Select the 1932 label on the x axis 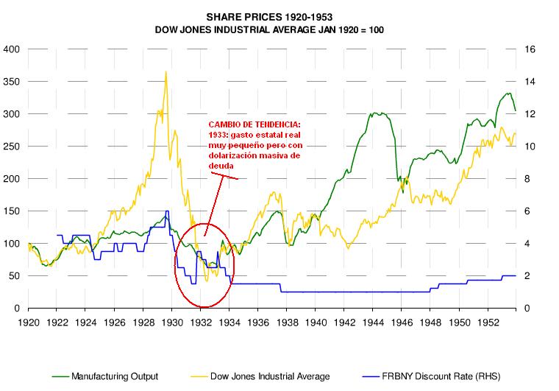tap(201, 323)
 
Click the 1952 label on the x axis tap(488, 323)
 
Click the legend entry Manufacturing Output tap(114, 376)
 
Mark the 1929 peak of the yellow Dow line tap(165, 72)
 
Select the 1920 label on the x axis tap(29, 323)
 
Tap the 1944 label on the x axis tap(374, 323)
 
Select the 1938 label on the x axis tap(287, 323)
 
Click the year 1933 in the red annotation tap(218, 135)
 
